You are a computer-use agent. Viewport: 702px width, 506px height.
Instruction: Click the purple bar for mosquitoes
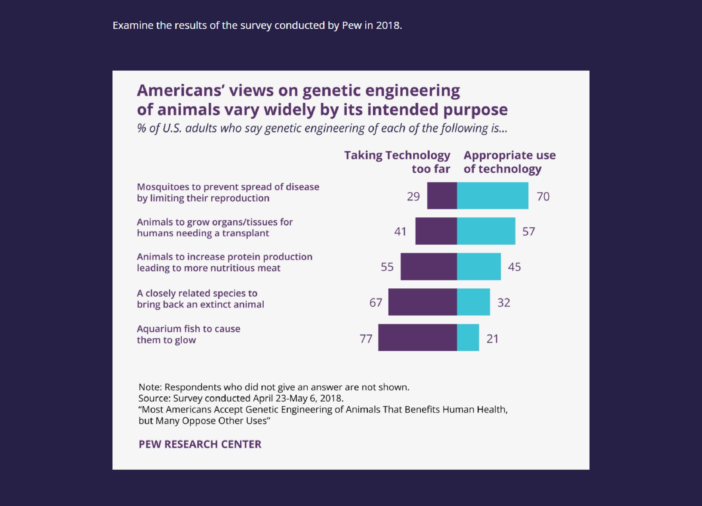point(442,196)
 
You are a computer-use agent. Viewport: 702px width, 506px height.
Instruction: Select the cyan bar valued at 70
point(493,196)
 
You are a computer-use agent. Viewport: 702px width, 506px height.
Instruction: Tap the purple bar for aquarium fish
point(417,337)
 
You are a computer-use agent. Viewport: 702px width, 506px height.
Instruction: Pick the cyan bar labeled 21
point(468,337)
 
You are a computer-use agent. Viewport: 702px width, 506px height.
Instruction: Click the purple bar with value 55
point(429,266)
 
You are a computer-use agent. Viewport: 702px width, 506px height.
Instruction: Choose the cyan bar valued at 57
point(486,231)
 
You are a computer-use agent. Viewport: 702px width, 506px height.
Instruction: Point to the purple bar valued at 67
point(423,302)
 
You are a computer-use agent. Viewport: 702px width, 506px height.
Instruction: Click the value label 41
point(400,231)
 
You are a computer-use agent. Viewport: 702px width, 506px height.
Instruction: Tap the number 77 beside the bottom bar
point(366,339)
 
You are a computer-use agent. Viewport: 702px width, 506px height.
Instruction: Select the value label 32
point(503,302)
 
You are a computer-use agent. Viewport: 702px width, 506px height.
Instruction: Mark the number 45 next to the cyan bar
point(514,267)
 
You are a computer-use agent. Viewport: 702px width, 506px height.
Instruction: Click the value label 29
point(413,197)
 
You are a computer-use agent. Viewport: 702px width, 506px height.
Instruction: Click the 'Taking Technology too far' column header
point(397,162)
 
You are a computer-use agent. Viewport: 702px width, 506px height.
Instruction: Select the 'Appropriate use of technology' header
point(509,162)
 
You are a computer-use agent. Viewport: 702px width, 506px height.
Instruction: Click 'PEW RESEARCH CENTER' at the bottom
point(200,444)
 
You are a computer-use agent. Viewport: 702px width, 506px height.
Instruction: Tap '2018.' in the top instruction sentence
point(389,25)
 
